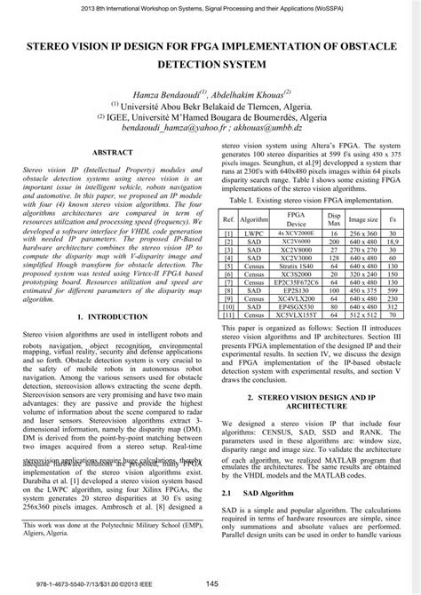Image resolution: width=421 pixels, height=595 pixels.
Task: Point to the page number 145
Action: click(x=211, y=583)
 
